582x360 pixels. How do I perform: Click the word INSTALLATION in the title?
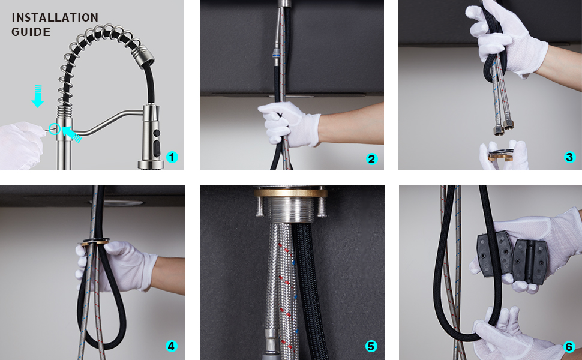(55, 17)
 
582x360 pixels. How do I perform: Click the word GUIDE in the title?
(31, 32)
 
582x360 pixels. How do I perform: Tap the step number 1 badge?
(173, 157)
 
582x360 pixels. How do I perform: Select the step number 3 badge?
(570, 157)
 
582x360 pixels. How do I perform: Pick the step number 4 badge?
(171, 346)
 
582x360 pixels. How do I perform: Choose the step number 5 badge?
(371, 346)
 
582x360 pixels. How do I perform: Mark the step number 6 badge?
(569, 346)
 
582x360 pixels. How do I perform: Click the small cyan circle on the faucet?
(55, 128)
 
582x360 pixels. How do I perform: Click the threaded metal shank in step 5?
(290, 210)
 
